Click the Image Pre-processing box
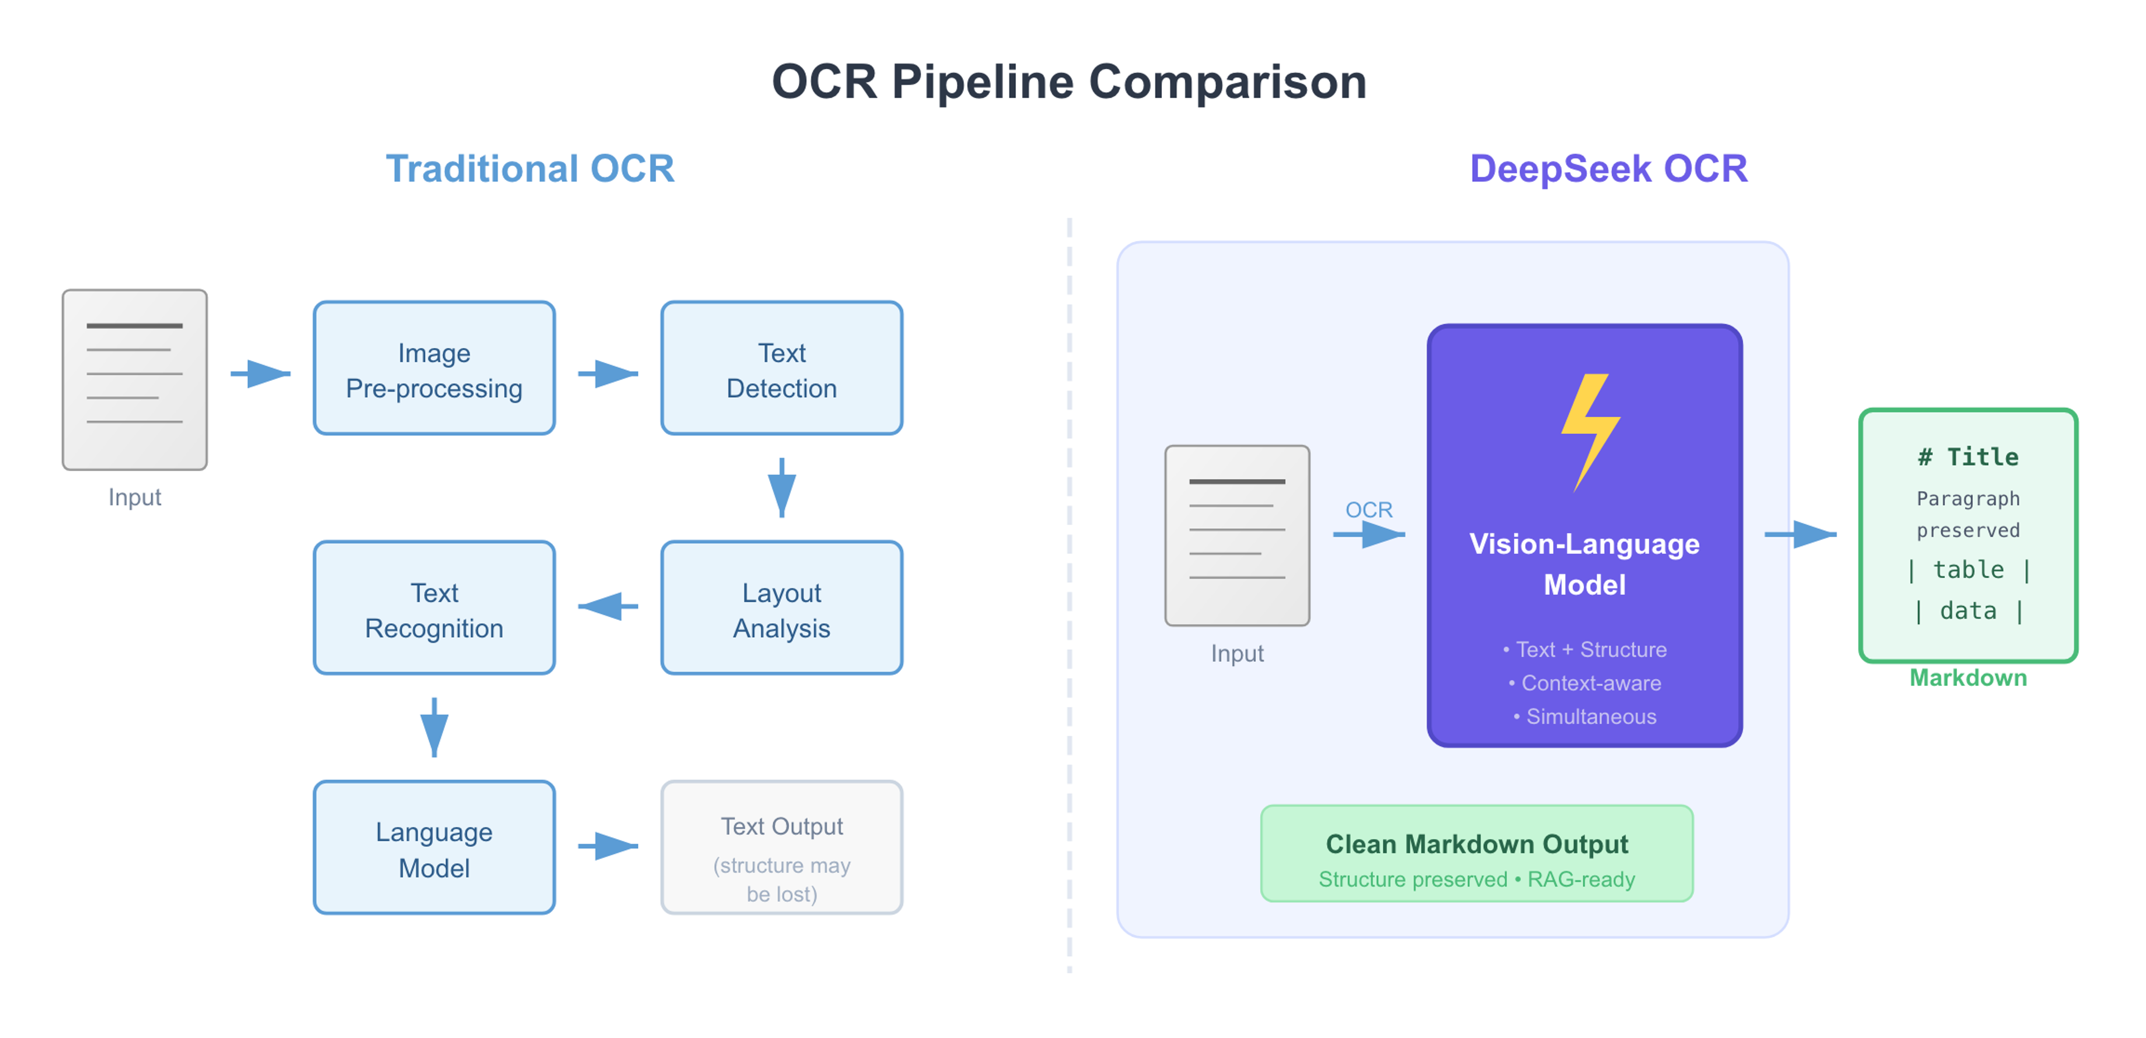click(434, 368)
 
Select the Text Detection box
click(781, 368)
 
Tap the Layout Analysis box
click(781, 608)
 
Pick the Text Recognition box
click(434, 608)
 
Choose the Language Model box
click(434, 848)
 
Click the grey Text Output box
click(781, 848)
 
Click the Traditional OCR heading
click(530, 169)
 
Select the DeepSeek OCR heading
click(1608, 169)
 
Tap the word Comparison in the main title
click(1227, 83)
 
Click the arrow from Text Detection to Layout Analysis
click(781, 487)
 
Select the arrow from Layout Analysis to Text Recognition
click(607, 606)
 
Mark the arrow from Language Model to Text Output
click(607, 846)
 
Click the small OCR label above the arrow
click(1369, 509)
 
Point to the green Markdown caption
click(1968, 678)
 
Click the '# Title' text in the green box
click(1968, 457)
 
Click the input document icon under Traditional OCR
click(134, 380)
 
